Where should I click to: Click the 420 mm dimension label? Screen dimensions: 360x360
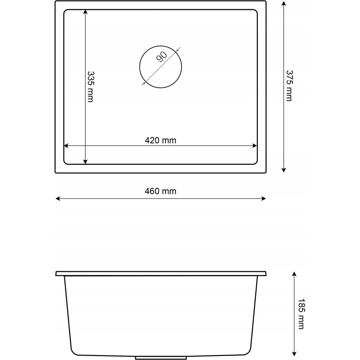[x=161, y=140]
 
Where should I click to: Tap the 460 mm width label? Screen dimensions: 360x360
[x=161, y=191]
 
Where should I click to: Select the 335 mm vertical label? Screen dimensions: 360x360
[x=91, y=87]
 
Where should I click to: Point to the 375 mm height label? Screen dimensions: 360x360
[x=289, y=86]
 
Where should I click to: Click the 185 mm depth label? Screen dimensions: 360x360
[x=301, y=314]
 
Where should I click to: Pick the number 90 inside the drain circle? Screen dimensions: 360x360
[x=162, y=57]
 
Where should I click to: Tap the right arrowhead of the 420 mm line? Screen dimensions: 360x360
[x=255, y=146]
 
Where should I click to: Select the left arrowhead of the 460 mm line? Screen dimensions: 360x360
[x=58, y=199]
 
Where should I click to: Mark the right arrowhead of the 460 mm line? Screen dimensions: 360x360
[x=263, y=199]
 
